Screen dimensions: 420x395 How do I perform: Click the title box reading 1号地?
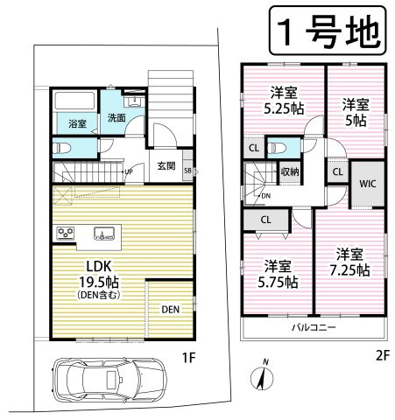click(x=323, y=32)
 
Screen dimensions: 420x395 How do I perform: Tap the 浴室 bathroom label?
click(x=76, y=123)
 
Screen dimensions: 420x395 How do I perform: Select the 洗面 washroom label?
click(x=117, y=118)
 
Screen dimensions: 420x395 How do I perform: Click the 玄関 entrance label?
click(x=166, y=164)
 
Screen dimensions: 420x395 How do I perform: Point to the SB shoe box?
click(x=187, y=170)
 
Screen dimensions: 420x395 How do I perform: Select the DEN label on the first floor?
click(x=171, y=309)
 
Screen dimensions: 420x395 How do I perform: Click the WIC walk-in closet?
click(x=366, y=184)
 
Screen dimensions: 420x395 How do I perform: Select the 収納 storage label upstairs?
click(x=290, y=171)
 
